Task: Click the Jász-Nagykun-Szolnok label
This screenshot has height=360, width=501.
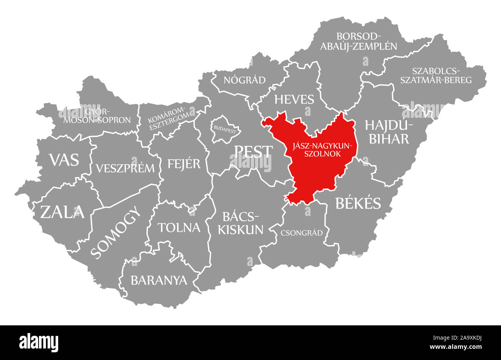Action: (x=322, y=149)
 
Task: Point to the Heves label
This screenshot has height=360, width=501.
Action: (x=294, y=99)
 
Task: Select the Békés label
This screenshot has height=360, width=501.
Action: (x=358, y=203)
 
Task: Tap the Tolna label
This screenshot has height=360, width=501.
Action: (x=179, y=227)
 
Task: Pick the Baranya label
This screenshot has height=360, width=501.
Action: (x=159, y=280)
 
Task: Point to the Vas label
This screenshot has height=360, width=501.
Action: (x=64, y=159)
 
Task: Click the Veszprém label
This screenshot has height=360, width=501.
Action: (x=125, y=168)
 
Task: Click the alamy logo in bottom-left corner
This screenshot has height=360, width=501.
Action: (x=39, y=341)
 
